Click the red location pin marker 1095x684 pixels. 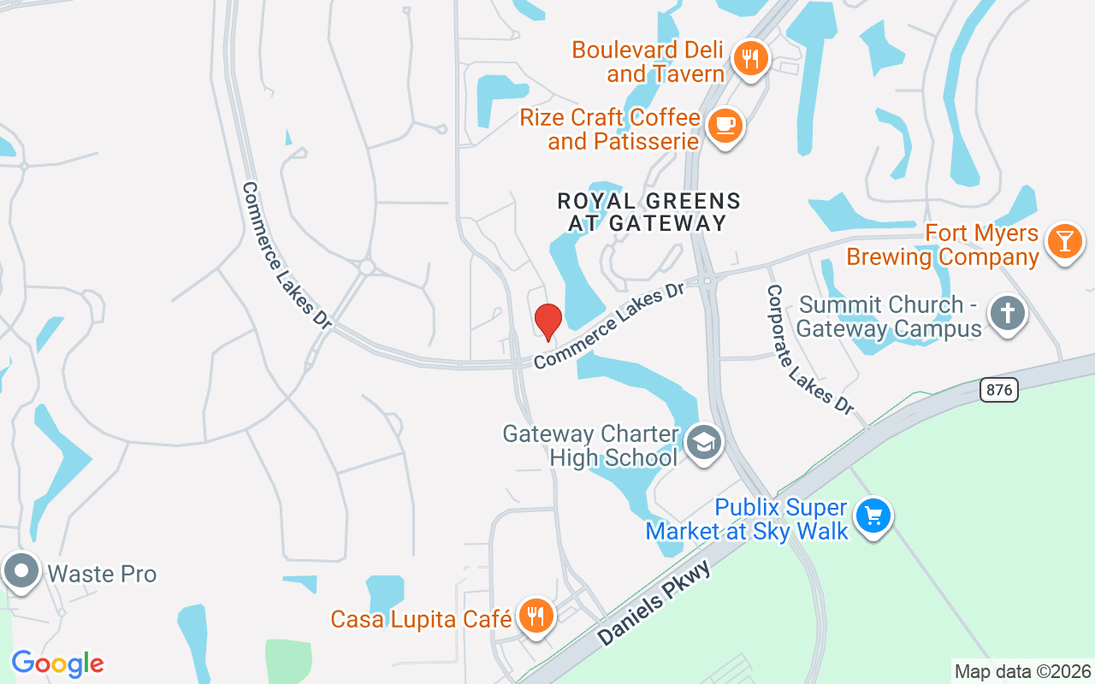pyautogui.click(x=547, y=321)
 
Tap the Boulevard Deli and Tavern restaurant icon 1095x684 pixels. pyautogui.click(x=750, y=59)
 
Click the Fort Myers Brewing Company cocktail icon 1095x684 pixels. pyautogui.click(x=1064, y=241)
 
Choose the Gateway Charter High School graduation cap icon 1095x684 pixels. pyautogui.click(x=704, y=442)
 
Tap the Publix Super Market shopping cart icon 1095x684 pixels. pyautogui.click(x=873, y=516)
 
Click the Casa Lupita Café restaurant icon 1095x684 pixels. pyautogui.click(x=536, y=615)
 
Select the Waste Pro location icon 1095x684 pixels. pyautogui.click(x=21, y=570)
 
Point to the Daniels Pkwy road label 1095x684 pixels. pyautogui.click(x=654, y=604)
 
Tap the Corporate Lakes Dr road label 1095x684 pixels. pyautogui.click(x=808, y=350)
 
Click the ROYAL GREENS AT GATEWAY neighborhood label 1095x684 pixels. pyautogui.click(x=648, y=212)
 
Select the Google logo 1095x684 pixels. pyautogui.click(x=57, y=663)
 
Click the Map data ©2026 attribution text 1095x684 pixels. pyautogui.click(x=1022, y=671)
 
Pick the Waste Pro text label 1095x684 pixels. pyautogui.click(x=103, y=573)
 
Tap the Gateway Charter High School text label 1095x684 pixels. pyautogui.click(x=590, y=445)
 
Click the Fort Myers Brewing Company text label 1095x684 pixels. pyautogui.click(x=942, y=245)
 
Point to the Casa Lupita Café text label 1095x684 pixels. pyautogui.click(x=421, y=618)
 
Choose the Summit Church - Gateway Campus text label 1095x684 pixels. pyautogui.click(x=890, y=317)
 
